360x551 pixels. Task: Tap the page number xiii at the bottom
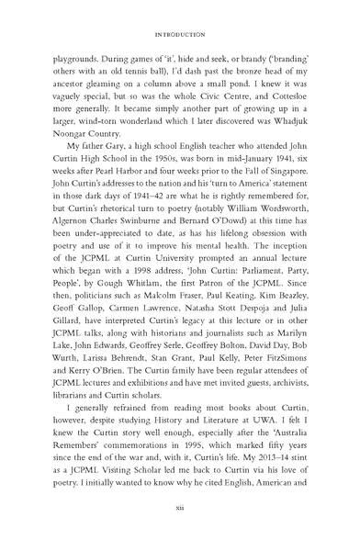pyautogui.click(x=180, y=530)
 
